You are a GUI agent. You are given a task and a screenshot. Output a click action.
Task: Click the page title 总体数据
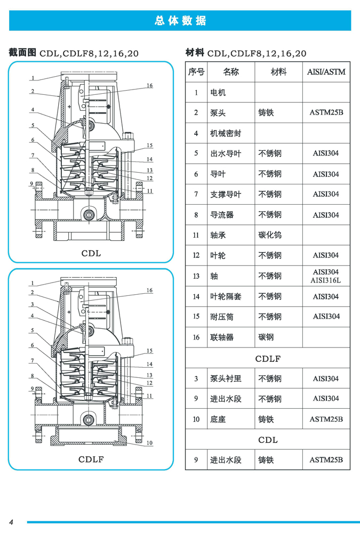point(180,21)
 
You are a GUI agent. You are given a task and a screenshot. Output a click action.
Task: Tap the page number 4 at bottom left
point(11,521)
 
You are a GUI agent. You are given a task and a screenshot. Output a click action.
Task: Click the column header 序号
point(196,72)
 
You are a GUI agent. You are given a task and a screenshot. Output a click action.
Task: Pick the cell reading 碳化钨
point(270,235)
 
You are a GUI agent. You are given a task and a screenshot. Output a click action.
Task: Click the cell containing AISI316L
point(326,280)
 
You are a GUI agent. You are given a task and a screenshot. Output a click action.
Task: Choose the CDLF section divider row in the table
point(268,359)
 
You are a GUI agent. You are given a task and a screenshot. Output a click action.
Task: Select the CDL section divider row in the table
point(268,440)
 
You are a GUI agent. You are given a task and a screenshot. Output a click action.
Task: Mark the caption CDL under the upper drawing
point(91,253)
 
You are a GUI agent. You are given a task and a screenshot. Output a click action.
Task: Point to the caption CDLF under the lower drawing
point(91,459)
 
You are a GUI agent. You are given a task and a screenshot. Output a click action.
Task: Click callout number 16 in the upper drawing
point(149,85)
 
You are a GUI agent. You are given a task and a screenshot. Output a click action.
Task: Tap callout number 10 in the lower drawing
point(149,443)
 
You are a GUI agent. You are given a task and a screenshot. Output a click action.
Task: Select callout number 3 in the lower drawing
point(33,304)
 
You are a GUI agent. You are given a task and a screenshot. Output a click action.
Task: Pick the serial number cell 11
point(196,235)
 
